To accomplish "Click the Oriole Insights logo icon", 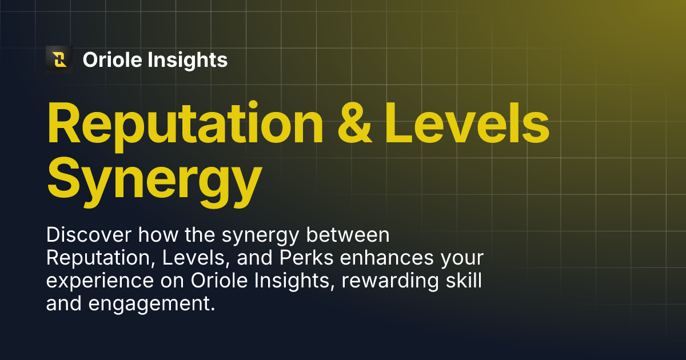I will pyautogui.click(x=59, y=59).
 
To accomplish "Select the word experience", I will pyautogui.click(x=95, y=283).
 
